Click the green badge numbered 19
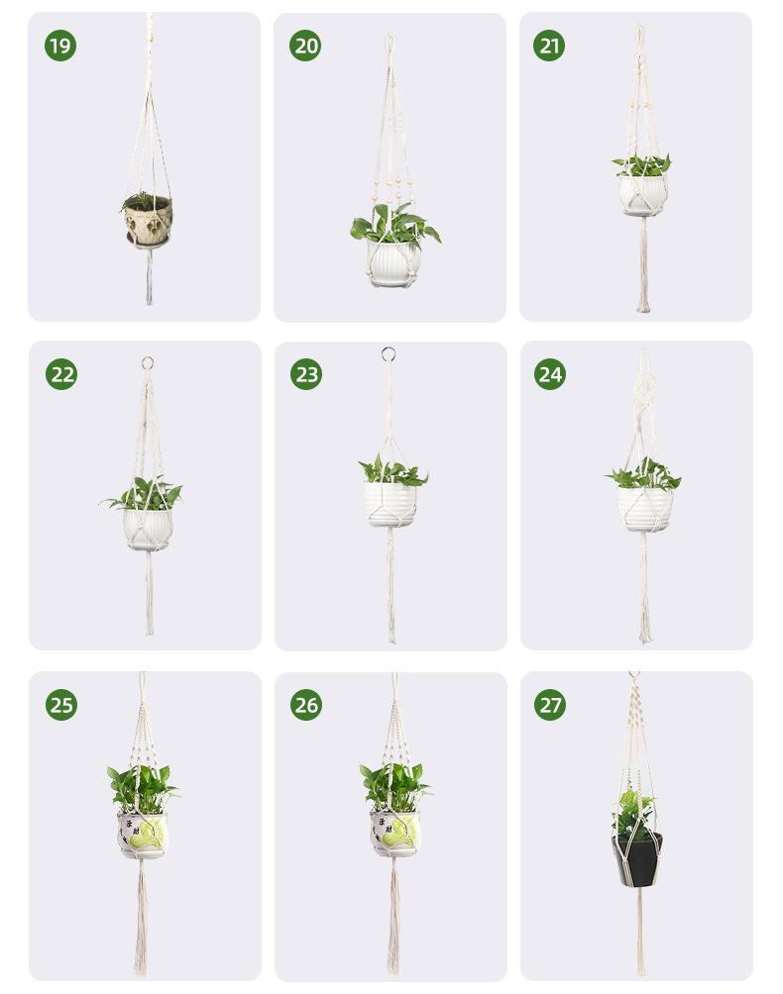tap(60, 46)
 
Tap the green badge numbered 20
tap(305, 46)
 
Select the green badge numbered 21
tap(549, 46)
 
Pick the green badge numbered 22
tap(61, 374)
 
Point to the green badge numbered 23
tap(306, 374)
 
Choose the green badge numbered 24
tap(550, 374)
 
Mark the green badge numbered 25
tap(61, 705)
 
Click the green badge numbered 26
tap(306, 705)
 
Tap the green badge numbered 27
tap(550, 705)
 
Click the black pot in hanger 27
tap(636, 860)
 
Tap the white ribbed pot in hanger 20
tap(392, 261)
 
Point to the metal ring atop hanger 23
tap(389, 353)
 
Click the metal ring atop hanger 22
tap(148, 363)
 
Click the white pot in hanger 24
tap(645, 510)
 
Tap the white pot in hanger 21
tap(643, 195)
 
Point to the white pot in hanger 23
tap(391, 505)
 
